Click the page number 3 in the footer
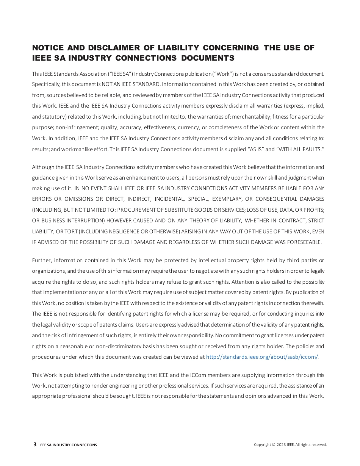pyautogui.click(x=35, y=444)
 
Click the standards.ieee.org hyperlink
pyautogui.click(x=262, y=357)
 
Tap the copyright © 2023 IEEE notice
pyautogui.click(x=290, y=445)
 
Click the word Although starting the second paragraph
pyautogui.click(x=44, y=167)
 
